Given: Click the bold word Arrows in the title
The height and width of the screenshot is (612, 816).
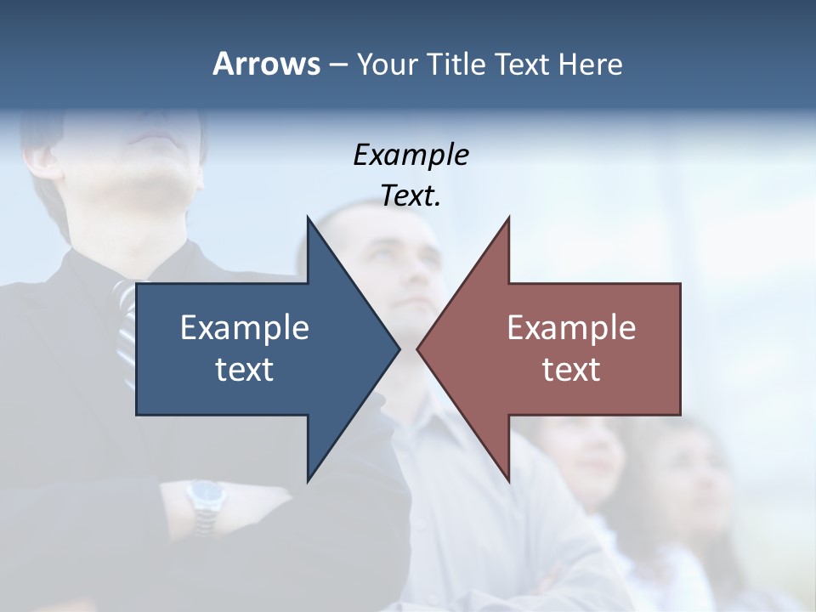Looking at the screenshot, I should point(266,64).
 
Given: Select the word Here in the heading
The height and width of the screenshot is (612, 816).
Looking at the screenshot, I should point(590,64).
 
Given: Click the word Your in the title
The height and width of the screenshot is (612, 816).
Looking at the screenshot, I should point(387,64).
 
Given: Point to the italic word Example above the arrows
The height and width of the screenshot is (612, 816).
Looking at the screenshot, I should point(411,155).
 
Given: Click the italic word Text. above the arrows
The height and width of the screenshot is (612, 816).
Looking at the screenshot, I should point(411,195).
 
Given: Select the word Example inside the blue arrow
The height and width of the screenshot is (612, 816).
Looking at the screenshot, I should point(245,328).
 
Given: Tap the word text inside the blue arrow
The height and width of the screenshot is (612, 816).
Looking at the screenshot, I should point(245,369).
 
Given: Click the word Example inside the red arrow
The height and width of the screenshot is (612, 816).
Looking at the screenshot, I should point(571,328).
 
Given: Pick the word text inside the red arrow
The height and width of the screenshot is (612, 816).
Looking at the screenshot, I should point(571,369).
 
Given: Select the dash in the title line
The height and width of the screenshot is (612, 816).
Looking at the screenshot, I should point(337,65).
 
